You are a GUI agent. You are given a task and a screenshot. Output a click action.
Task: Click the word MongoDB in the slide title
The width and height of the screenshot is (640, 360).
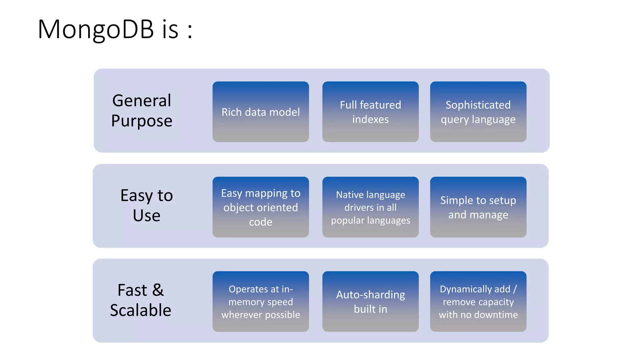(96, 29)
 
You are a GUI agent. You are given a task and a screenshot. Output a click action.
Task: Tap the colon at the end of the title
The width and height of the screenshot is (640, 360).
(190, 31)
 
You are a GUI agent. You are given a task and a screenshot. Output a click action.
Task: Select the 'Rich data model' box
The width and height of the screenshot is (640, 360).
(261, 112)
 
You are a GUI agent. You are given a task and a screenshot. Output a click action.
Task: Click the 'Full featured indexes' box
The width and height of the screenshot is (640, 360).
(370, 112)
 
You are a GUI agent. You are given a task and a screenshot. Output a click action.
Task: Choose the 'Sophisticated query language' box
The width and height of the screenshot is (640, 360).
(478, 112)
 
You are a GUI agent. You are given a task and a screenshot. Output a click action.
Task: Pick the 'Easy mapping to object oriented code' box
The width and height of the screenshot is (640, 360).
(261, 207)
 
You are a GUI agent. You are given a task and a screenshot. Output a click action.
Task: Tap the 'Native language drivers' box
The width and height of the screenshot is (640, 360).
(370, 207)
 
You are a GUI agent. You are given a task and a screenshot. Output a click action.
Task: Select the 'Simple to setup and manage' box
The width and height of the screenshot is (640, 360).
(478, 207)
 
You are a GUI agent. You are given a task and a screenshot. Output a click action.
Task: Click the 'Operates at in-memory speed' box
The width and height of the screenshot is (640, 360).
(261, 302)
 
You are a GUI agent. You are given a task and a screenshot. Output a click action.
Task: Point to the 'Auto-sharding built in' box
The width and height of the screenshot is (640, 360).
(370, 302)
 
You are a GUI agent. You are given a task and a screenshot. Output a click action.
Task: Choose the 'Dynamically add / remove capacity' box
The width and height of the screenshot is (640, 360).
(478, 302)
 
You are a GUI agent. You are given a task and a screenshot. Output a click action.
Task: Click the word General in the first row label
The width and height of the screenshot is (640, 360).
(142, 101)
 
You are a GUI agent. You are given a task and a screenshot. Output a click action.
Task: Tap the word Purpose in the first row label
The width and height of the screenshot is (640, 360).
(142, 121)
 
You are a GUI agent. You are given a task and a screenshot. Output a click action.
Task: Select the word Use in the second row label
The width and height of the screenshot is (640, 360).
(147, 216)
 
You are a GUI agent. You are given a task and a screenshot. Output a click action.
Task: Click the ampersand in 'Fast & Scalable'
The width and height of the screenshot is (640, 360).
(158, 290)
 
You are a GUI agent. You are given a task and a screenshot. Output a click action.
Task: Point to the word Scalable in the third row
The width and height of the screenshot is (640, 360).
(141, 310)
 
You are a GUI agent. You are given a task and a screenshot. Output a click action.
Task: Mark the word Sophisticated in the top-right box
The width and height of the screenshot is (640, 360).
(478, 105)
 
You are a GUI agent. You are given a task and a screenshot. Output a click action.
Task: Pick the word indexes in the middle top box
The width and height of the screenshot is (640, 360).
(370, 119)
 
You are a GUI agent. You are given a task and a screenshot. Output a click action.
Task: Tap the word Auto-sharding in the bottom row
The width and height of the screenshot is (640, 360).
(370, 295)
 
